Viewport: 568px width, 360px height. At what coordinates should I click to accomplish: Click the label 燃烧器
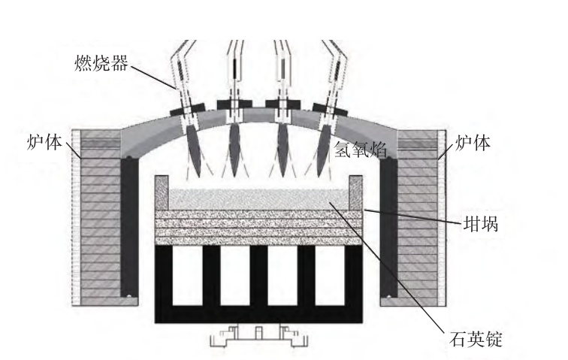(101, 63)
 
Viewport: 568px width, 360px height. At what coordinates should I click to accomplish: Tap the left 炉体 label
(44, 143)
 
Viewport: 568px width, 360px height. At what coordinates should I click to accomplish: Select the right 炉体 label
(473, 143)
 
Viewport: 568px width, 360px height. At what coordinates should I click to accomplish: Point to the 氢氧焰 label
(360, 149)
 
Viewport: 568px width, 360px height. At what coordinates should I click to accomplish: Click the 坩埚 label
(481, 224)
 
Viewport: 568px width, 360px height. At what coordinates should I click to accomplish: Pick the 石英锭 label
(476, 339)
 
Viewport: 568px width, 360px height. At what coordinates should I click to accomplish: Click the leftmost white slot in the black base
(187, 276)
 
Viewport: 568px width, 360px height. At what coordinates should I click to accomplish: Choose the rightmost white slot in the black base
(330, 276)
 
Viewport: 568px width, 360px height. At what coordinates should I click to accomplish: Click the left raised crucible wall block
(162, 193)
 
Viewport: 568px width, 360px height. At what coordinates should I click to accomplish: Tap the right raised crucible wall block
(355, 193)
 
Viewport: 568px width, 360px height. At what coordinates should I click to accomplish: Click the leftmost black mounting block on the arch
(188, 109)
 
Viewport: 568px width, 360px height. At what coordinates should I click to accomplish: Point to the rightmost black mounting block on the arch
(330, 109)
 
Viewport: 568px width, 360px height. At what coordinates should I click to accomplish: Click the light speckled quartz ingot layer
(258, 199)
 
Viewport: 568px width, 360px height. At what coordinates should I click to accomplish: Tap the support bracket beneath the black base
(258, 336)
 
